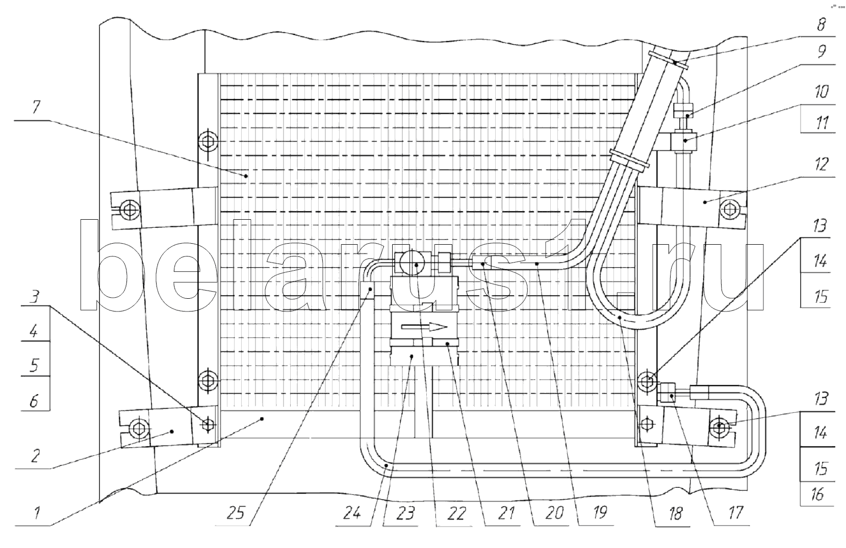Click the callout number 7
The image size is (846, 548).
pos(36,107)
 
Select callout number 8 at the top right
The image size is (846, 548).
pos(821,24)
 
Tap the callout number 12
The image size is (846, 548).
pos(822,164)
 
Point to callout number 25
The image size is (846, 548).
pos(236,512)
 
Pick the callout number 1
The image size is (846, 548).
pos(37,513)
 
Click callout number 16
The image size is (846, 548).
pos(817,494)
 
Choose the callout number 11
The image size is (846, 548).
pos(822,123)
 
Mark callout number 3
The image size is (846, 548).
pos(34,297)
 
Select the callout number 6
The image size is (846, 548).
pos(34,400)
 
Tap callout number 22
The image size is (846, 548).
pos(456,513)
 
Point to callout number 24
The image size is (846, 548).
pos(352,512)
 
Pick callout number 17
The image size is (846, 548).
pos(735,512)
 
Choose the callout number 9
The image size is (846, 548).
pos(822,51)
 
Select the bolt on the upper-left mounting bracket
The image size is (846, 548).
pos(129,209)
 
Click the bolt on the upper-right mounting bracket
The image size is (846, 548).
pos(729,209)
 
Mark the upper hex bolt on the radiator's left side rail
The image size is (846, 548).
pos(208,142)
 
